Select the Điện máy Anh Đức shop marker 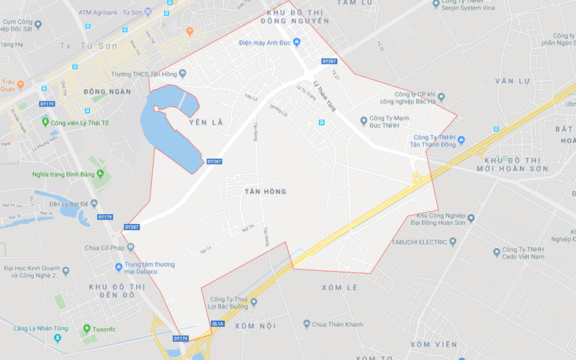(296, 42)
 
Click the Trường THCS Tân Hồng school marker (182, 74)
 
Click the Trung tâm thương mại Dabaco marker (118, 266)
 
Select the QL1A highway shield (217, 324)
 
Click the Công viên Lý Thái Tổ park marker (46, 123)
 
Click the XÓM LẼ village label (339, 288)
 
